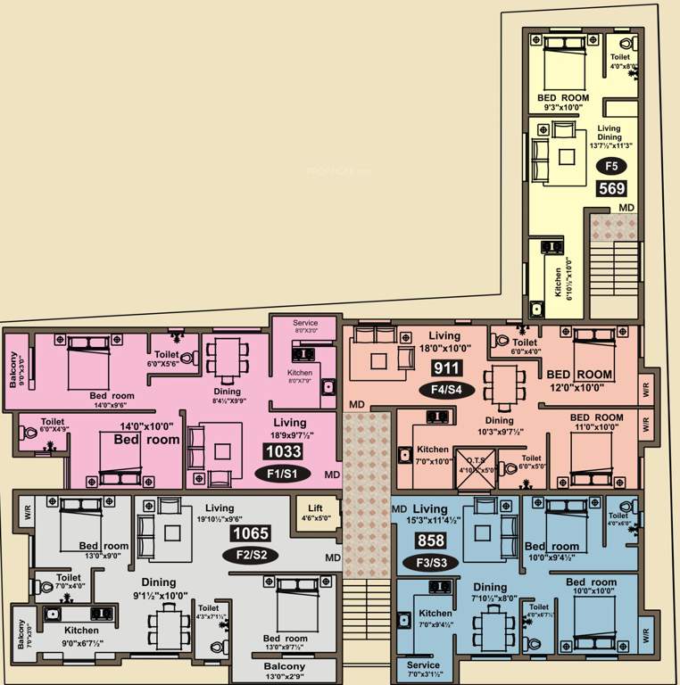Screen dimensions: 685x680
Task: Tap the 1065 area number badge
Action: [x=251, y=534]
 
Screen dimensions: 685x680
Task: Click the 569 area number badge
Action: [x=612, y=188]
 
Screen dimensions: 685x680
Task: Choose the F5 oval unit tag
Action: [x=611, y=166]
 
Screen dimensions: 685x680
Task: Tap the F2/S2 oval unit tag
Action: [x=251, y=555]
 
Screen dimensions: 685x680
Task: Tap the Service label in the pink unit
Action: [x=305, y=323]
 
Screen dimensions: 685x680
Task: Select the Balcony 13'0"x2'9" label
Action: [x=284, y=671]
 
